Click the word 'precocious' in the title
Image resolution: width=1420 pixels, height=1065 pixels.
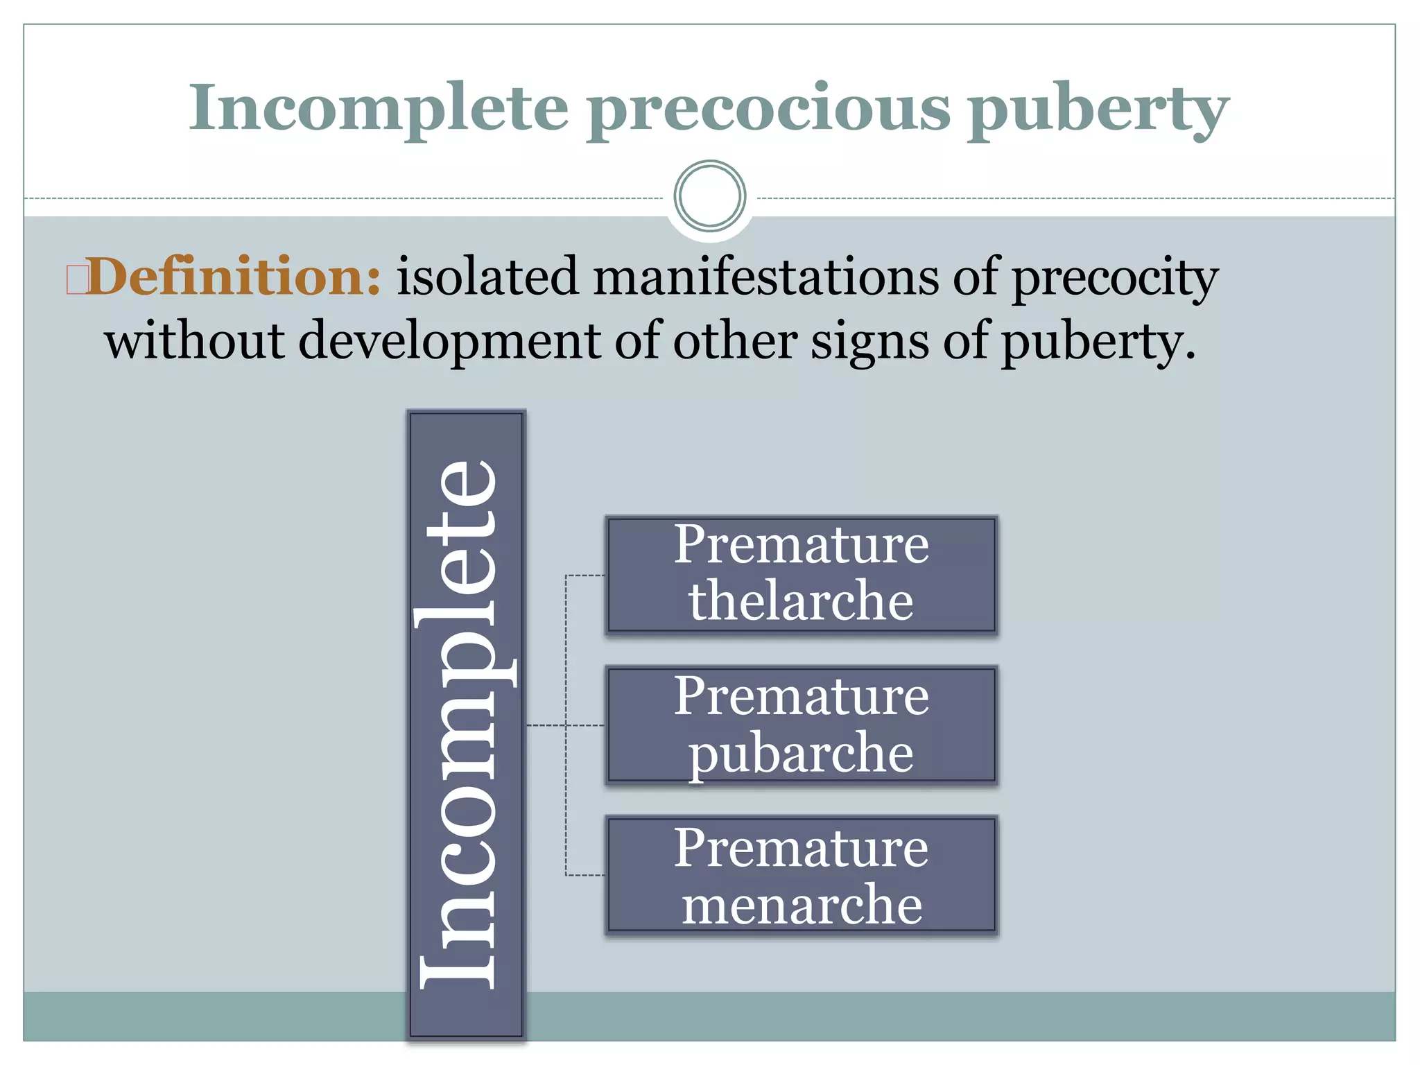[769, 110]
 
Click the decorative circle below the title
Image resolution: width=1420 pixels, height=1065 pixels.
[709, 196]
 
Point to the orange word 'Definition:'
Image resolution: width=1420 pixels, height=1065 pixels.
[234, 277]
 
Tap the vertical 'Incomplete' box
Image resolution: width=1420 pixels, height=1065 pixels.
[466, 724]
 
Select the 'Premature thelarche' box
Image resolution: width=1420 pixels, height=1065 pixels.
[802, 575]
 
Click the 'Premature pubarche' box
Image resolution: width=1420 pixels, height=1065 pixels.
[802, 725]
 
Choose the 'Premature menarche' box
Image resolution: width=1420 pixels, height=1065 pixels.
[802, 876]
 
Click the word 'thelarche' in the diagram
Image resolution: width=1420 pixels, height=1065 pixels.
[802, 600]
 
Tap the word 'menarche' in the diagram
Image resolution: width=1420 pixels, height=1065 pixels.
[802, 904]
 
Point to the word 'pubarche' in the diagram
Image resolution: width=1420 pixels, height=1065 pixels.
[802, 754]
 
